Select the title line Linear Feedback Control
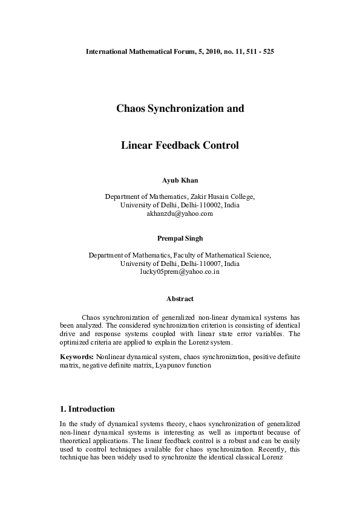tap(180, 146)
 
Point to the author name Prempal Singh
tap(180, 238)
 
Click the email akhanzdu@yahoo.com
tap(180, 213)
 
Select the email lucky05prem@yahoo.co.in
tap(180, 273)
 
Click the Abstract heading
tap(180, 299)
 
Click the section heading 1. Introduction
tap(87, 409)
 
